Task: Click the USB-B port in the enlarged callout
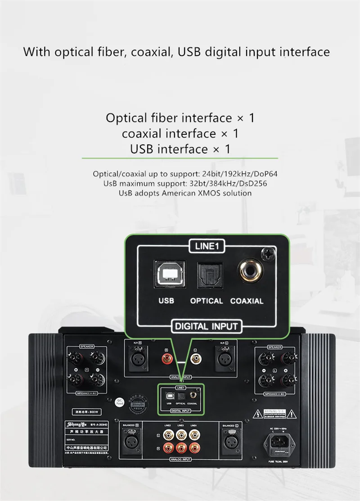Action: coord(167,275)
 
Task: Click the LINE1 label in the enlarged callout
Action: coord(207,246)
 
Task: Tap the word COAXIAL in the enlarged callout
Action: coord(247,301)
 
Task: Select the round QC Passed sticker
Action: coord(106,402)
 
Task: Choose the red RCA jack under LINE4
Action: coord(193,448)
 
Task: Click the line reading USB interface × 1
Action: coord(180,149)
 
